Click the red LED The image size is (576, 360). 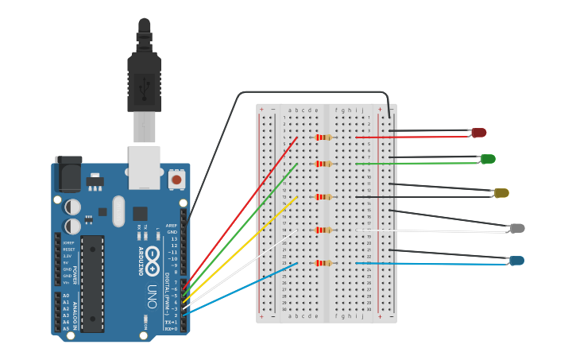pyautogui.click(x=478, y=133)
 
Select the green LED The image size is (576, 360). pyautogui.click(x=488, y=159)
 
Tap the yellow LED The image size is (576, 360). pyautogui.click(x=501, y=193)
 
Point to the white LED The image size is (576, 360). pyautogui.click(x=517, y=229)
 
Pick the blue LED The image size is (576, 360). pyautogui.click(x=516, y=261)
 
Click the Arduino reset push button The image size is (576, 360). pyautogui.click(x=176, y=180)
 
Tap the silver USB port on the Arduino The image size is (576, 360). pyautogui.click(x=144, y=167)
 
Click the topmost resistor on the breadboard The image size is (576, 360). pyautogui.click(x=323, y=137)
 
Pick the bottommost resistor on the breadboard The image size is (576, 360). pyautogui.click(x=323, y=263)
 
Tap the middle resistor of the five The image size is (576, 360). pyautogui.click(x=323, y=196)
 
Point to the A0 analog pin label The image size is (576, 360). pyautogui.click(x=65, y=296)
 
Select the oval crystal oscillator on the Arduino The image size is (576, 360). pyautogui.click(x=118, y=211)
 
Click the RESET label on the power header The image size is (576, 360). pyautogui.click(x=69, y=250)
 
